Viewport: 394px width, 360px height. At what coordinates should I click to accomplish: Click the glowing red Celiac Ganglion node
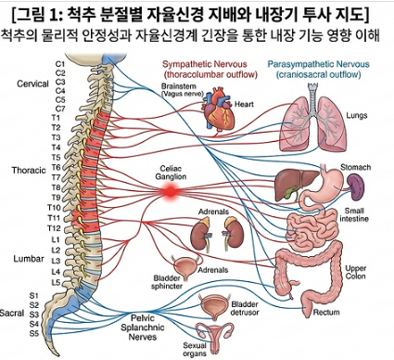pos(171,191)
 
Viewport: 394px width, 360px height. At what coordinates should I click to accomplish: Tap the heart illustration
pos(220,110)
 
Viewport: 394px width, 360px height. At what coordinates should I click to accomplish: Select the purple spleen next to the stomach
pos(355,185)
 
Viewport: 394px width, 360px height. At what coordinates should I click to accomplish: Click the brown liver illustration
pos(296,185)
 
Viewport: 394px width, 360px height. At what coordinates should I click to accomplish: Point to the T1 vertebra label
pos(56,118)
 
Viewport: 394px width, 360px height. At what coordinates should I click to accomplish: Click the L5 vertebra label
pos(56,282)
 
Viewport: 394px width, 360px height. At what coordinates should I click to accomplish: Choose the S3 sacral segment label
pos(34,315)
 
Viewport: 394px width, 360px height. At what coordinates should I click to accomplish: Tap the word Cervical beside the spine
pos(32,84)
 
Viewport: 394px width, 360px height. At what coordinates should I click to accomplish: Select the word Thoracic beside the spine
pos(29,170)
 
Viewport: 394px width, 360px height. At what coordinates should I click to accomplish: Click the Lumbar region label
pos(29,259)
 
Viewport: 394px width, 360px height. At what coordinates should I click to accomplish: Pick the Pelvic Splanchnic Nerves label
pos(143,328)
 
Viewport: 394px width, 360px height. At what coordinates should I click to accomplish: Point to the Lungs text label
pos(356,115)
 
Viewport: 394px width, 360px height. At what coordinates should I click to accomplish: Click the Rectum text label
pos(326,312)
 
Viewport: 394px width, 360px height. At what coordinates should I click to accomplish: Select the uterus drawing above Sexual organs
pos(215,335)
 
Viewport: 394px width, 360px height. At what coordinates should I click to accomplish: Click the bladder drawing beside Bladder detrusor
pos(214,307)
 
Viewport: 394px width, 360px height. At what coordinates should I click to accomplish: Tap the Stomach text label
pos(355,167)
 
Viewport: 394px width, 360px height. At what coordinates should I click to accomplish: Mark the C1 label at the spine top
pos(60,64)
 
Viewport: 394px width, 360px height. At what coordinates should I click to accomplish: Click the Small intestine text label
pos(354,215)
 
